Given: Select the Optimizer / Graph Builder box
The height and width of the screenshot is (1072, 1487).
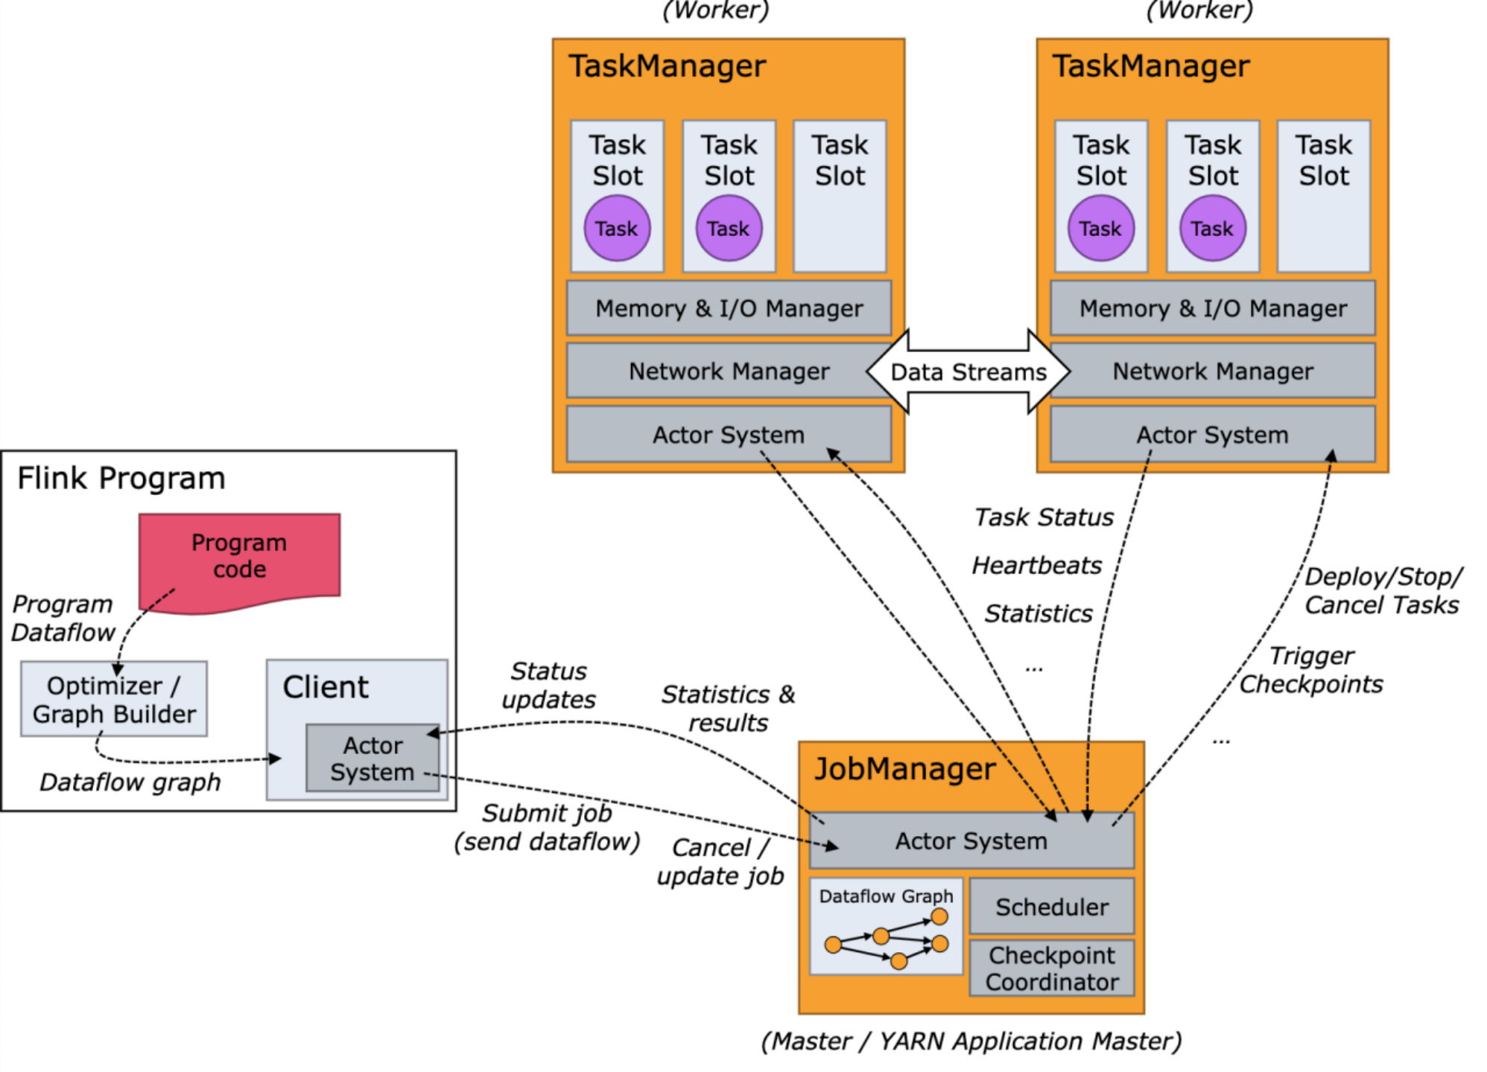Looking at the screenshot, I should point(114,699).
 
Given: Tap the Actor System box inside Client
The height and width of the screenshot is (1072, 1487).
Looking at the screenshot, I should point(372,759).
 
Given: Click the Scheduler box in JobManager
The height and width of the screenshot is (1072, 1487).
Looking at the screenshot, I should point(1052,907).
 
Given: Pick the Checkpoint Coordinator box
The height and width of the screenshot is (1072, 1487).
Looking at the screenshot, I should point(1052,969).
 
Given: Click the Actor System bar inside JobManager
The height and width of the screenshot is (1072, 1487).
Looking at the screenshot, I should point(971,841).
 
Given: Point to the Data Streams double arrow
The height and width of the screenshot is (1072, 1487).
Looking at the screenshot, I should point(968,371).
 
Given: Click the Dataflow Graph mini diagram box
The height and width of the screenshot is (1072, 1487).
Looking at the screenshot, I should point(886,928).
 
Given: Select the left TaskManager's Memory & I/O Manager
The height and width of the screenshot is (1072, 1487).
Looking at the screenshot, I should point(729,308).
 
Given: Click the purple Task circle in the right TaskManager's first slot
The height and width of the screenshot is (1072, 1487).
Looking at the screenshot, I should point(1100,229).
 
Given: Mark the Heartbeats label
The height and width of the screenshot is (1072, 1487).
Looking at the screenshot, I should point(1036,566).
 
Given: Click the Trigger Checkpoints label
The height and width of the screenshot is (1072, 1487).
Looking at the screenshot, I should point(1311,670).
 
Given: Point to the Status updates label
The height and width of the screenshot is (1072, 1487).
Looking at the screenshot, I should point(548,686).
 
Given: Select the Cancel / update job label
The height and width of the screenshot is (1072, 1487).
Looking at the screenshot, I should point(720,862).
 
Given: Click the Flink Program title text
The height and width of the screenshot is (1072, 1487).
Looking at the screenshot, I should point(121,479).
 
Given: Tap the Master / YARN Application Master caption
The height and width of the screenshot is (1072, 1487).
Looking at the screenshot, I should point(971,1041).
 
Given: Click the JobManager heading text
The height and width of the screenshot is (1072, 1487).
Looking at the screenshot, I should point(904,769).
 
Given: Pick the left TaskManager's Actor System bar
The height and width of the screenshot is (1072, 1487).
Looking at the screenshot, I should point(729,435).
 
